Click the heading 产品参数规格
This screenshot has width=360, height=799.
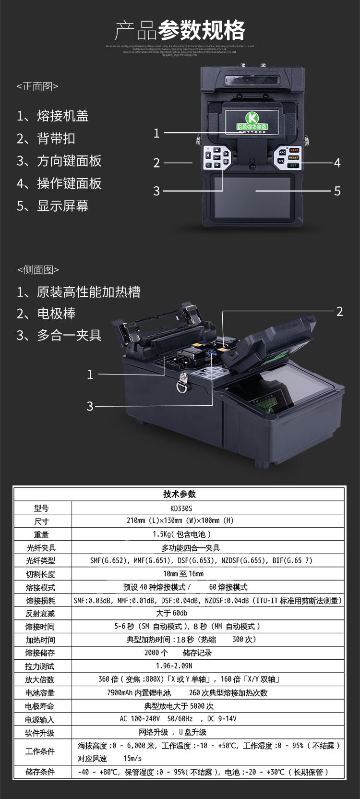180,31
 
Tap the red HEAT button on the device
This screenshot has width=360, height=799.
294,151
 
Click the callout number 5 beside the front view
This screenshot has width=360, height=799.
337,191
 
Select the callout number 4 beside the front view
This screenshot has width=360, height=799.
337,163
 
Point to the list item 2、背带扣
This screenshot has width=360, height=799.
46,139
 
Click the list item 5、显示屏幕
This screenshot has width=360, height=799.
53,206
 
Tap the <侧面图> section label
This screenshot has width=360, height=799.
38,270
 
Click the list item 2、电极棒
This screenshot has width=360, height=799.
46,314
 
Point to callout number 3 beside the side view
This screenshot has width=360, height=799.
90,406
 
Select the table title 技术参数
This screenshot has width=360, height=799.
180,494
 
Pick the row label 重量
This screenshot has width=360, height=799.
41,534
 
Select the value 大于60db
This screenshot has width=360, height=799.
171,613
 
